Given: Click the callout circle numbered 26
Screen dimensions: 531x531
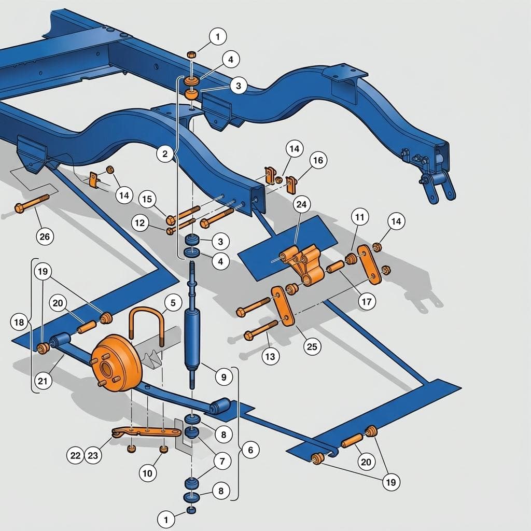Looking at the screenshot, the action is click(x=45, y=236).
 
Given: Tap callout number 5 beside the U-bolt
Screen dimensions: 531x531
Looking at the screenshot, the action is click(x=173, y=302).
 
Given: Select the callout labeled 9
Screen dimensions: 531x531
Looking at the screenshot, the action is click(x=223, y=376).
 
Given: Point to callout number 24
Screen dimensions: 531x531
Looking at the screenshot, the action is click(x=301, y=204).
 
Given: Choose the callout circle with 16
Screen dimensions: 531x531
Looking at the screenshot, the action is click(x=318, y=160).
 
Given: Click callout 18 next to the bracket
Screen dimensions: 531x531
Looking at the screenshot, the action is click(x=19, y=322).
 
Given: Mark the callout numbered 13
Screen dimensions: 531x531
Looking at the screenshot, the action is click(x=270, y=356).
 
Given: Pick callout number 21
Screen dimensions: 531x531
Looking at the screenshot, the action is click(x=43, y=381).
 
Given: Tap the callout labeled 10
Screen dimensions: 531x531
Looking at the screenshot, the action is click(x=148, y=473).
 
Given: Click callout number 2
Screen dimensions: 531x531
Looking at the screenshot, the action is click(x=165, y=154).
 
